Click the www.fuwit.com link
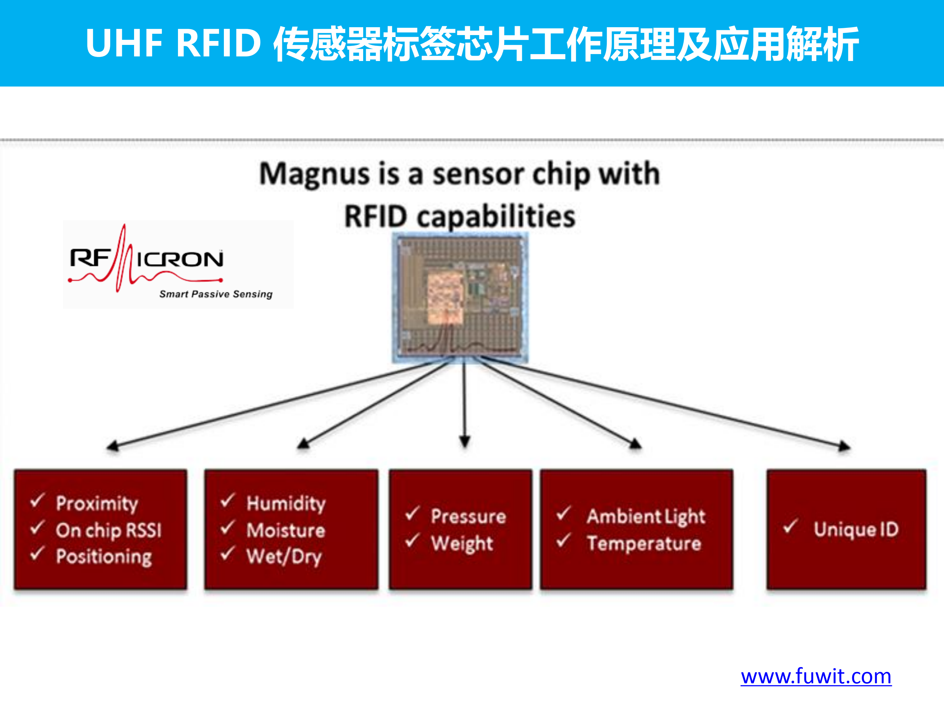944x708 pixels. (816, 677)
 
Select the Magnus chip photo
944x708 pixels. (460, 297)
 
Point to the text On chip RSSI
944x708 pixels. (109, 530)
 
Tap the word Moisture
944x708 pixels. (286, 530)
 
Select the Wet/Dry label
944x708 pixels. (284, 557)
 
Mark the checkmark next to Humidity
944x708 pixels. (227, 500)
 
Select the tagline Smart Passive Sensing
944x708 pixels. (216, 294)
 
